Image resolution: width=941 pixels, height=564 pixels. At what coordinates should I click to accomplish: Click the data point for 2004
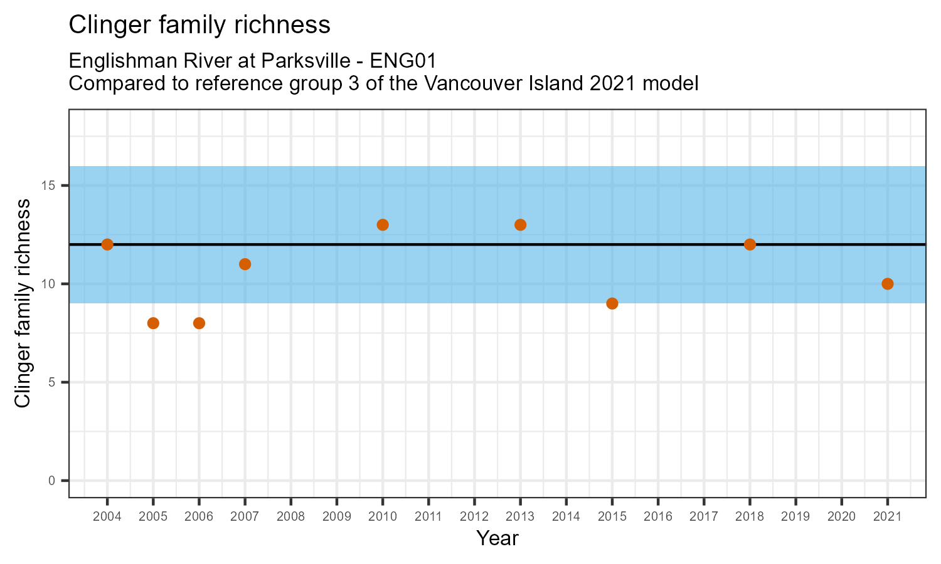tap(107, 244)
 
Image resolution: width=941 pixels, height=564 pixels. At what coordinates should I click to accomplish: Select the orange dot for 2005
tap(153, 323)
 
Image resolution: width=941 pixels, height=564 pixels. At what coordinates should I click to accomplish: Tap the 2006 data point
tap(199, 323)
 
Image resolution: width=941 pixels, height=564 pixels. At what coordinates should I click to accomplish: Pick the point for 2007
tap(245, 264)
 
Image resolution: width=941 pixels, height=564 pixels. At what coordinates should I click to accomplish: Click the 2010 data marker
tap(383, 225)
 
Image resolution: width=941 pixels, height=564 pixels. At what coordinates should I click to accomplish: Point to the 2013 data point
tap(520, 225)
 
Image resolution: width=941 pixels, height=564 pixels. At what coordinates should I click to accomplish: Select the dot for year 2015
tap(612, 303)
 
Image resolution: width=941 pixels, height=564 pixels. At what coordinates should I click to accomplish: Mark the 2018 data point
tap(750, 244)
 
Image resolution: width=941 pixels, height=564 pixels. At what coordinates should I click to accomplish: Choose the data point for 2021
tap(887, 284)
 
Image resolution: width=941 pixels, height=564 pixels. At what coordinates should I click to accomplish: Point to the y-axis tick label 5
tap(53, 382)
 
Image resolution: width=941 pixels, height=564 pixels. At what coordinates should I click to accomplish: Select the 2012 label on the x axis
tap(474, 516)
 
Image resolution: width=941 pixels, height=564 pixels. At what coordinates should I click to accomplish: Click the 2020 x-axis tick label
tap(841, 516)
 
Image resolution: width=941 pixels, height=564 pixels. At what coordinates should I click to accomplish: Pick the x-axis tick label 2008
tap(291, 516)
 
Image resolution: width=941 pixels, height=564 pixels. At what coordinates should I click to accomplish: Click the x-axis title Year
tap(497, 538)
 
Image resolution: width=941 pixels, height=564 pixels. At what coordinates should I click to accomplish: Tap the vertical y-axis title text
tap(23, 303)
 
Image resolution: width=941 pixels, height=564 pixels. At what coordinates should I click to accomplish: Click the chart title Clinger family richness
tap(199, 25)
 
